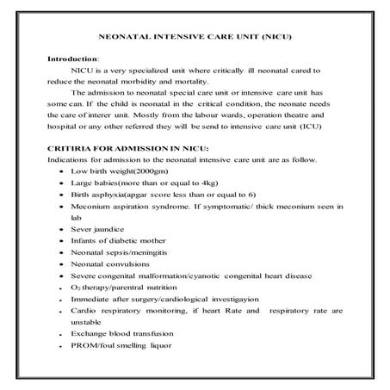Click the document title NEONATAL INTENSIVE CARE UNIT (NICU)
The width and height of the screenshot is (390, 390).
[194, 39]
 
